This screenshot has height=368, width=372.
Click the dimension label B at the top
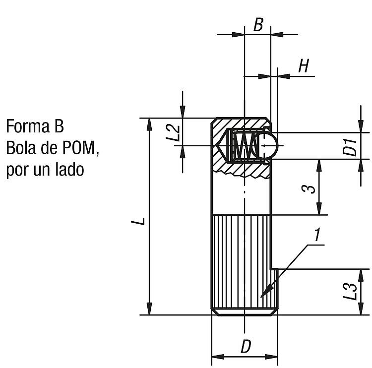click(258, 25)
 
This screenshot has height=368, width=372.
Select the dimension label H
click(304, 66)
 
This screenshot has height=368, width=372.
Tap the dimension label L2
click(173, 133)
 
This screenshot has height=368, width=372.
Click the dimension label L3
click(350, 292)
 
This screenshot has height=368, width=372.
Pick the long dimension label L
click(138, 221)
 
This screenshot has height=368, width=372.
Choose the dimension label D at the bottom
click(246, 346)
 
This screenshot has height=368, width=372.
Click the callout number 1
click(317, 235)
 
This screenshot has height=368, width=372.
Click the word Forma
click(28, 126)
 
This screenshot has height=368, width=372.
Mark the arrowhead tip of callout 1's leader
click(261, 297)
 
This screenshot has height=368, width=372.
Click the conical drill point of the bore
click(221, 145)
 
